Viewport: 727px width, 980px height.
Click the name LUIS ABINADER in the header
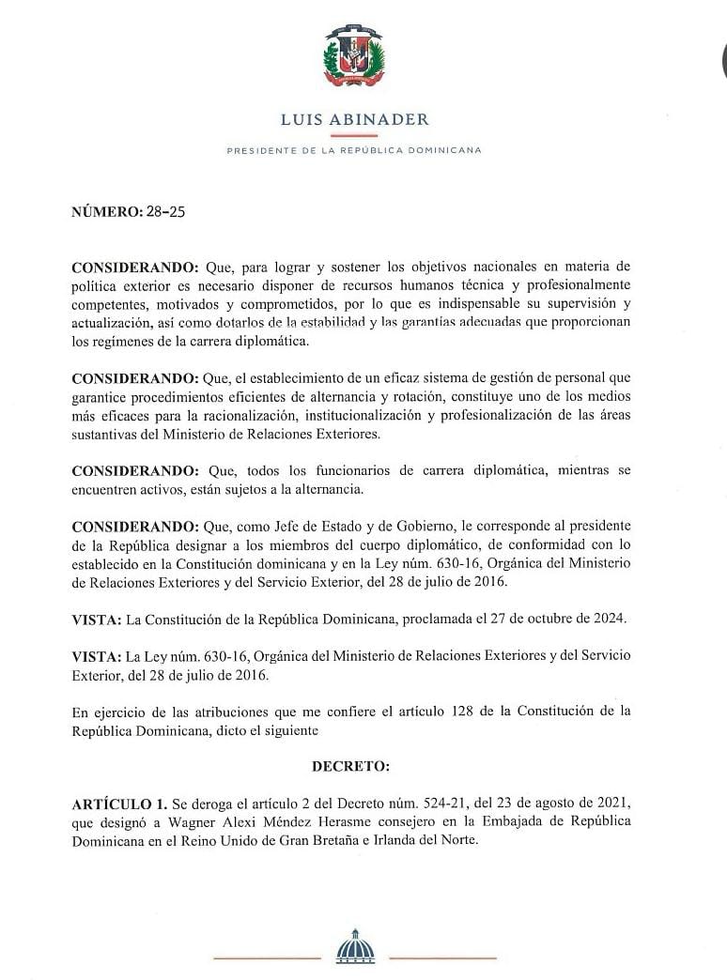(x=354, y=119)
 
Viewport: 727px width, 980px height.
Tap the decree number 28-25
(x=165, y=211)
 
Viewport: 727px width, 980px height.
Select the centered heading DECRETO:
(x=350, y=766)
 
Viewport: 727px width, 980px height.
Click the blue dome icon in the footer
(x=354, y=945)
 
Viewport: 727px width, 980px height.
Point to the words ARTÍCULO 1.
(x=119, y=804)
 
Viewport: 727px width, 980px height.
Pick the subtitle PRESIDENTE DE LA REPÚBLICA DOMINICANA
(x=354, y=150)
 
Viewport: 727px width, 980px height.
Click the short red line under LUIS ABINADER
(x=354, y=136)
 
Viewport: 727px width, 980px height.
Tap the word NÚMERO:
(x=107, y=211)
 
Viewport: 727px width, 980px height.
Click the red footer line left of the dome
(x=267, y=957)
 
